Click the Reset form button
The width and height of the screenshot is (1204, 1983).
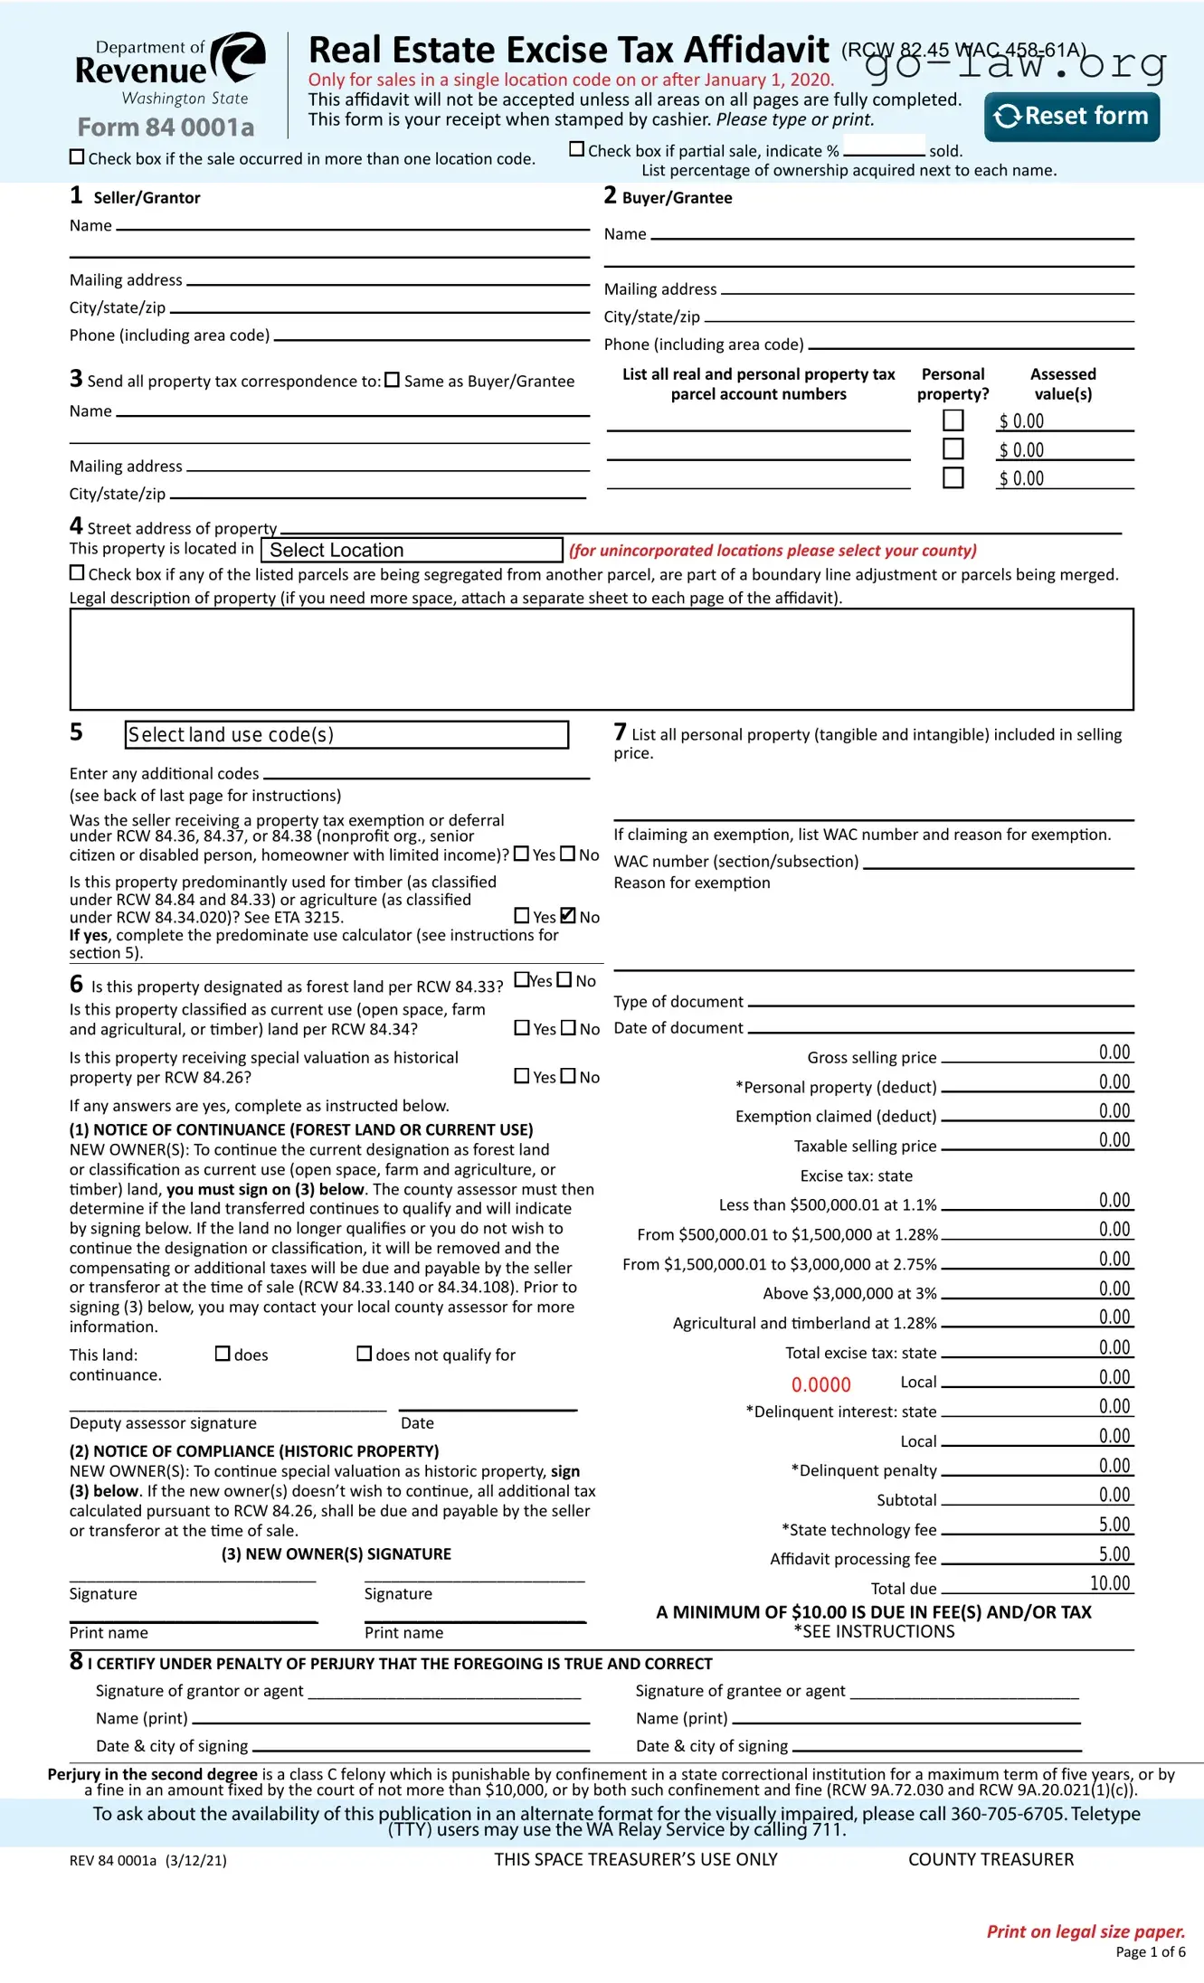(1071, 117)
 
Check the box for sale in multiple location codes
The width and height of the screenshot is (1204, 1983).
(77, 156)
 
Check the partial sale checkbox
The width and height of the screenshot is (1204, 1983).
(576, 149)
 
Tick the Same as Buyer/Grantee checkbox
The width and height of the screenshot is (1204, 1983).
(392, 380)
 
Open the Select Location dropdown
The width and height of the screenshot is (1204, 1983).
(412, 550)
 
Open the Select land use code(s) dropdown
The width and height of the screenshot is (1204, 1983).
(346, 734)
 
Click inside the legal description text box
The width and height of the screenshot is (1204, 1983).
(601, 658)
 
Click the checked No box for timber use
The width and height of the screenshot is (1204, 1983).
(568, 915)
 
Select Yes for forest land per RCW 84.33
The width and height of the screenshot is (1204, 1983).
(521, 979)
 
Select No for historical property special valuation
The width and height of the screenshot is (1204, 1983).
(568, 1075)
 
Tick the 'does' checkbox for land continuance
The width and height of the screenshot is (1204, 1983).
(223, 1354)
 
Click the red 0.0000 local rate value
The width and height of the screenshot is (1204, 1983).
(820, 1384)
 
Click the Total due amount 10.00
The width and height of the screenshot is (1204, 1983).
(1110, 1583)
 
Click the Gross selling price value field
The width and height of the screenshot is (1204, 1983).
(1037, 1053)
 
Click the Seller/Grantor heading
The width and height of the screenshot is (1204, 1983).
(146, 197)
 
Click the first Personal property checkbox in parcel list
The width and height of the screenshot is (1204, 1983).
(953, 420)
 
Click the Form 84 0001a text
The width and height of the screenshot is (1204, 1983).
(166, 127)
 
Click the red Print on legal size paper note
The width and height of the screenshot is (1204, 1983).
(1085, 1931)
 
